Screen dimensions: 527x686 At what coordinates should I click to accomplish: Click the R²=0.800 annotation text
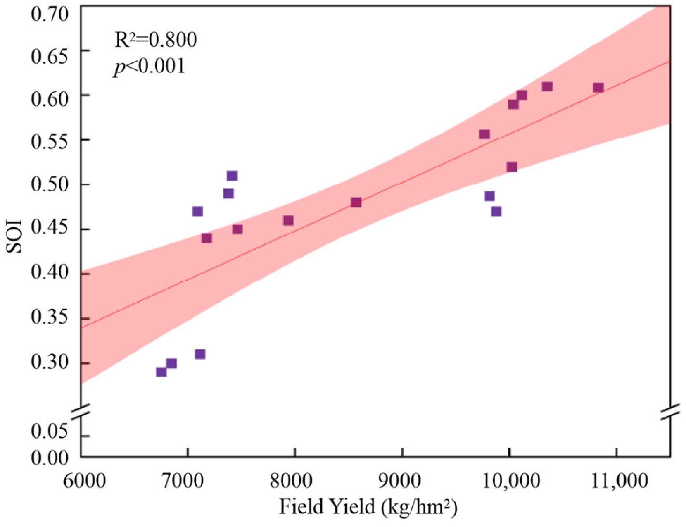point(155,40)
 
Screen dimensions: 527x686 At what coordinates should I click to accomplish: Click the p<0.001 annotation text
point(150,66)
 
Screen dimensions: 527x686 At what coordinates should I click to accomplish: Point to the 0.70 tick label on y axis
point(49,14)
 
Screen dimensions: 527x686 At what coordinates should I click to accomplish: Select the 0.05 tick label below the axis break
point(49,432)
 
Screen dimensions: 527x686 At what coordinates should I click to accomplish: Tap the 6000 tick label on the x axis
point(84,482)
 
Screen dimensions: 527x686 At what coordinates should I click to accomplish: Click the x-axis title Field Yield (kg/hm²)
point(368,507)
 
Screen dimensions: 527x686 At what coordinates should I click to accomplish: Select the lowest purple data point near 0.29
point(161,372)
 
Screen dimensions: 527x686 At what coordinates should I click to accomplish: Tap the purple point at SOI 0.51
point(232,176)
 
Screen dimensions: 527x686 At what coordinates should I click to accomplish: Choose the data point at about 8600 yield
point(356,202)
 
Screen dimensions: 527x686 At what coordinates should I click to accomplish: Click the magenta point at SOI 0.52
point(512,167)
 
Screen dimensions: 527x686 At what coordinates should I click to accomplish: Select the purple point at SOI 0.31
point(200,354)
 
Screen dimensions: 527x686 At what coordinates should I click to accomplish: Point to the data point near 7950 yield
point(288,220)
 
